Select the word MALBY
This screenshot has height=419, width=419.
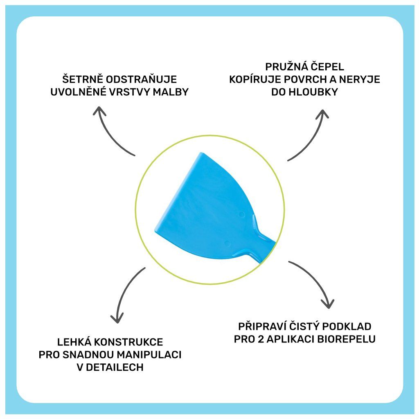(170, 92)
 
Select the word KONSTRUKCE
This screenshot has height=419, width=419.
(131, 342)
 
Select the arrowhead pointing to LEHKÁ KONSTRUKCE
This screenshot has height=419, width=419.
(117, 318)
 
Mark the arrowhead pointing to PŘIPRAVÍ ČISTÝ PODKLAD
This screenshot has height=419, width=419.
(327, 304)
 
